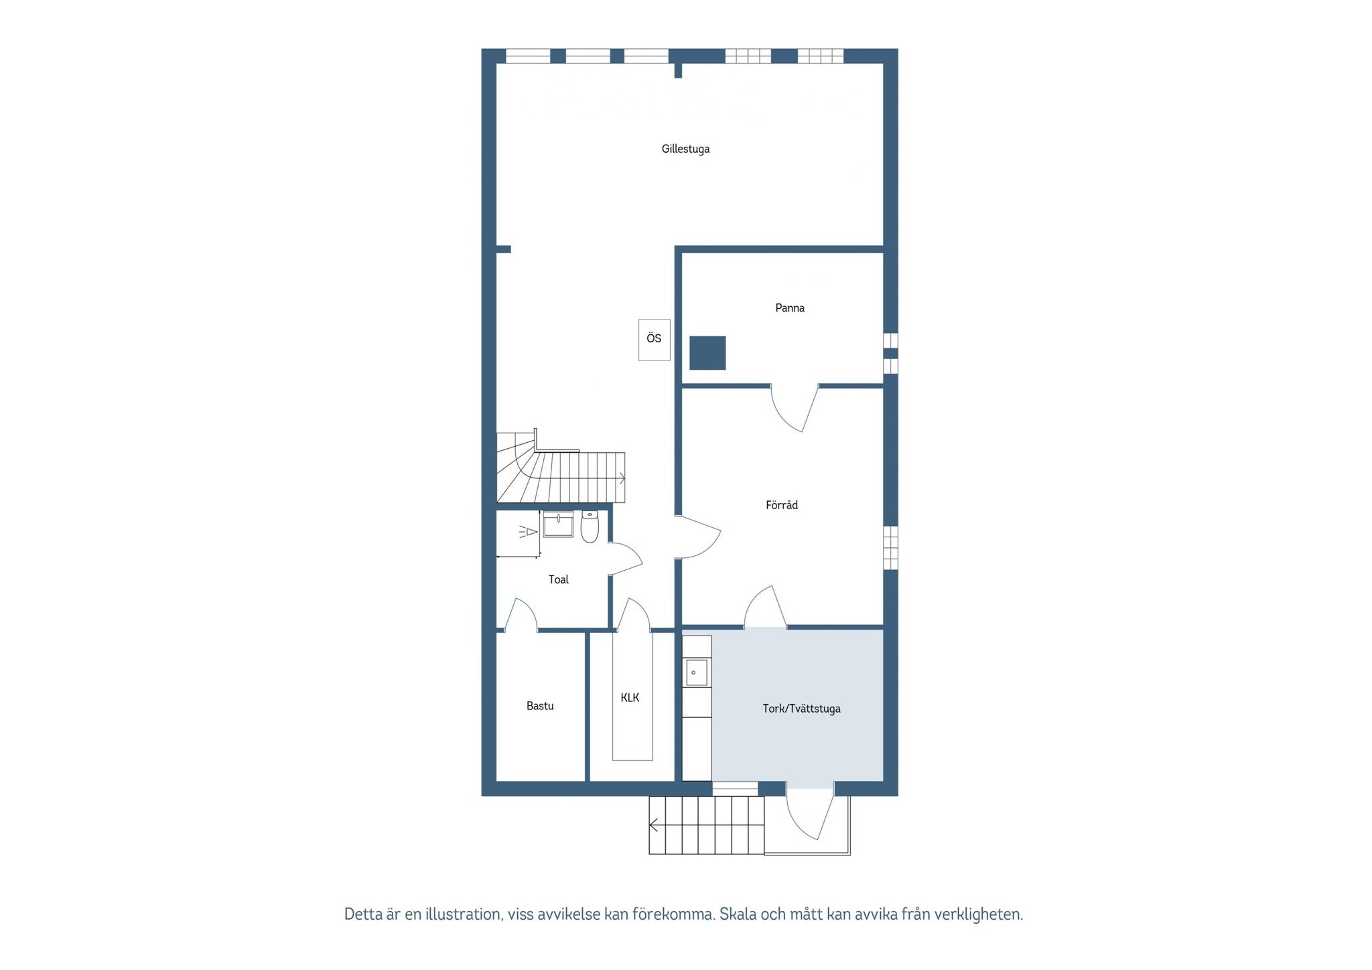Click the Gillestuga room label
(685, 149)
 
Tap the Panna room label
(790, 308)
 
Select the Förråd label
(782, 505)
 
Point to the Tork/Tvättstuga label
(801, 708)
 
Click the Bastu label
(540, 705)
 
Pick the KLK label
(630, 697)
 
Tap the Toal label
(558, 579)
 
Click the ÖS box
(655, 340)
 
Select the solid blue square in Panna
(707, 353)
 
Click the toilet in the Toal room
(590, 527)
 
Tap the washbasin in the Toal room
(558, 525)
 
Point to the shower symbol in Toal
(529, 533)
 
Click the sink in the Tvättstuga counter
(697, 673)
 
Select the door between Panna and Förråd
(795, 408)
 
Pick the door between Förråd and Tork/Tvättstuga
(765, 607)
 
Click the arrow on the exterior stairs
(654, 825)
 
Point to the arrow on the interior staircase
(622, 478)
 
